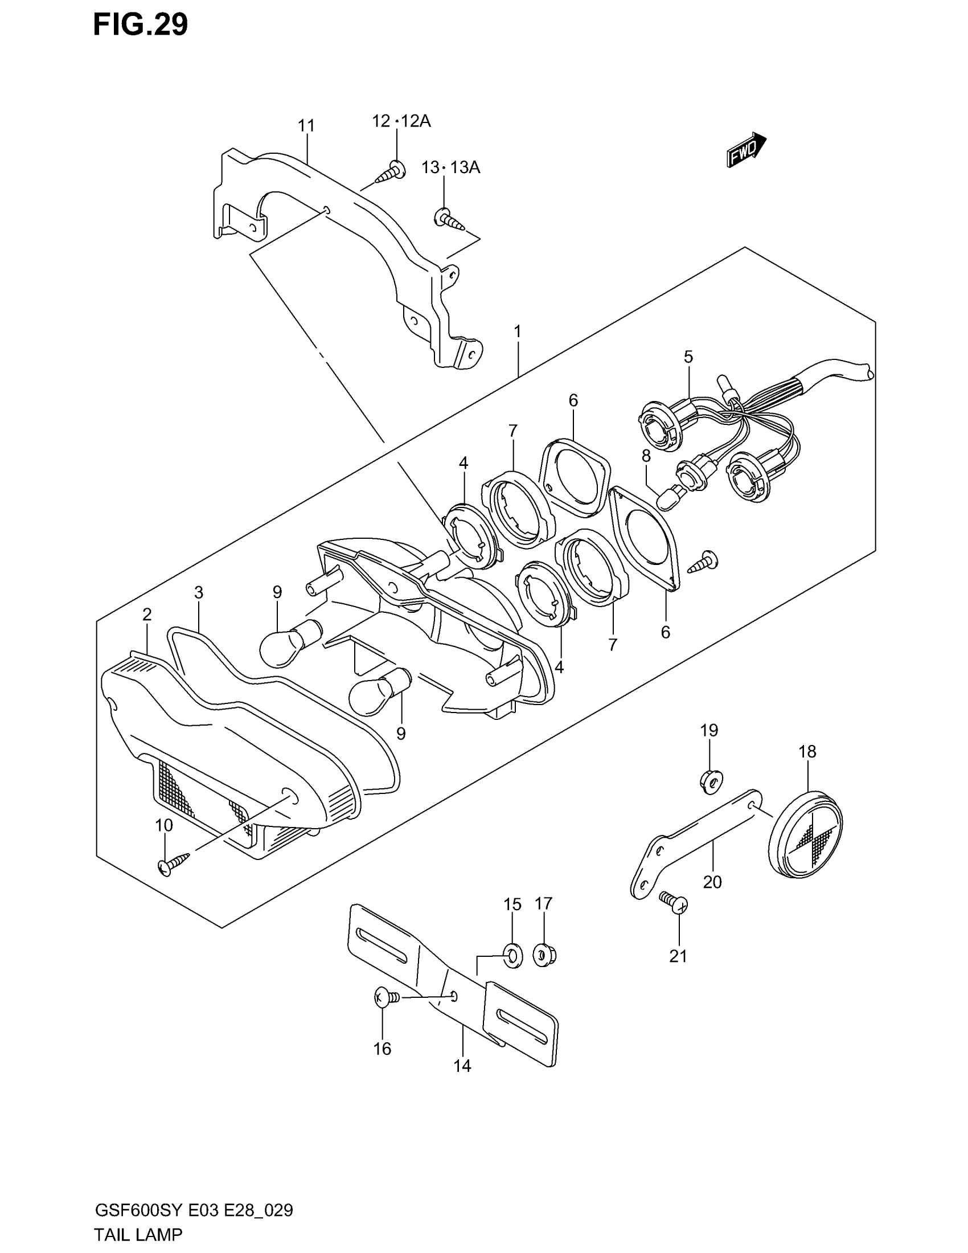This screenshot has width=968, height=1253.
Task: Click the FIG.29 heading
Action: pyautogui.click(x=141, y=24)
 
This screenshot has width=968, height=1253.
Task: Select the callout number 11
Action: pyautogui.click(x=306, y=126)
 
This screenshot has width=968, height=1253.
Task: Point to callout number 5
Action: pyautogui.click(x=688, y=357)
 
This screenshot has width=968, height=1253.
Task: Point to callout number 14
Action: pyautogui.click(x=462, y=1066)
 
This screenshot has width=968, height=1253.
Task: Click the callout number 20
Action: pyautogui.click(x=712, y=881)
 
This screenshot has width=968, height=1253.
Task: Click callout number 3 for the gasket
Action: pyautogui.click(x=199, y=592)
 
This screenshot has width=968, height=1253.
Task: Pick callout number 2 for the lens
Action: pyautogui.click(x=147, y=615)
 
